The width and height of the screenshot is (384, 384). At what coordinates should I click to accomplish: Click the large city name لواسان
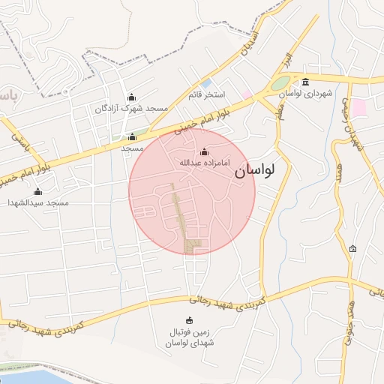tap(255, 171)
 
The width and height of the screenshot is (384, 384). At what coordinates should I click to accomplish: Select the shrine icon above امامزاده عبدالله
tap(204, 151)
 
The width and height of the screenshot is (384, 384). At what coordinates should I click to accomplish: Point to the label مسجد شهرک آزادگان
tap(131, 109)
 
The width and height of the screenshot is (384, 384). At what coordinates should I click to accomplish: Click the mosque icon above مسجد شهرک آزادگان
tap(132, 97)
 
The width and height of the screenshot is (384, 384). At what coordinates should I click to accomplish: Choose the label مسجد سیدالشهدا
tap(38, 202)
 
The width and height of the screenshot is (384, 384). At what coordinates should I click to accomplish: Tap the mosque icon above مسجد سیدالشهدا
tap(38, 191)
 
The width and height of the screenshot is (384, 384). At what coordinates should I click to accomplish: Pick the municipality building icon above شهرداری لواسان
tap(305, 82)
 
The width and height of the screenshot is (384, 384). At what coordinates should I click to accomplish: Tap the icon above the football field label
tap(189, 320)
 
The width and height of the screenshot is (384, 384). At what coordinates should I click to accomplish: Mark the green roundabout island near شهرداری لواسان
tap(281, 83)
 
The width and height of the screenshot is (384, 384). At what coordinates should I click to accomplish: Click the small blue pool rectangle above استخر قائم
tap(206, 82)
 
